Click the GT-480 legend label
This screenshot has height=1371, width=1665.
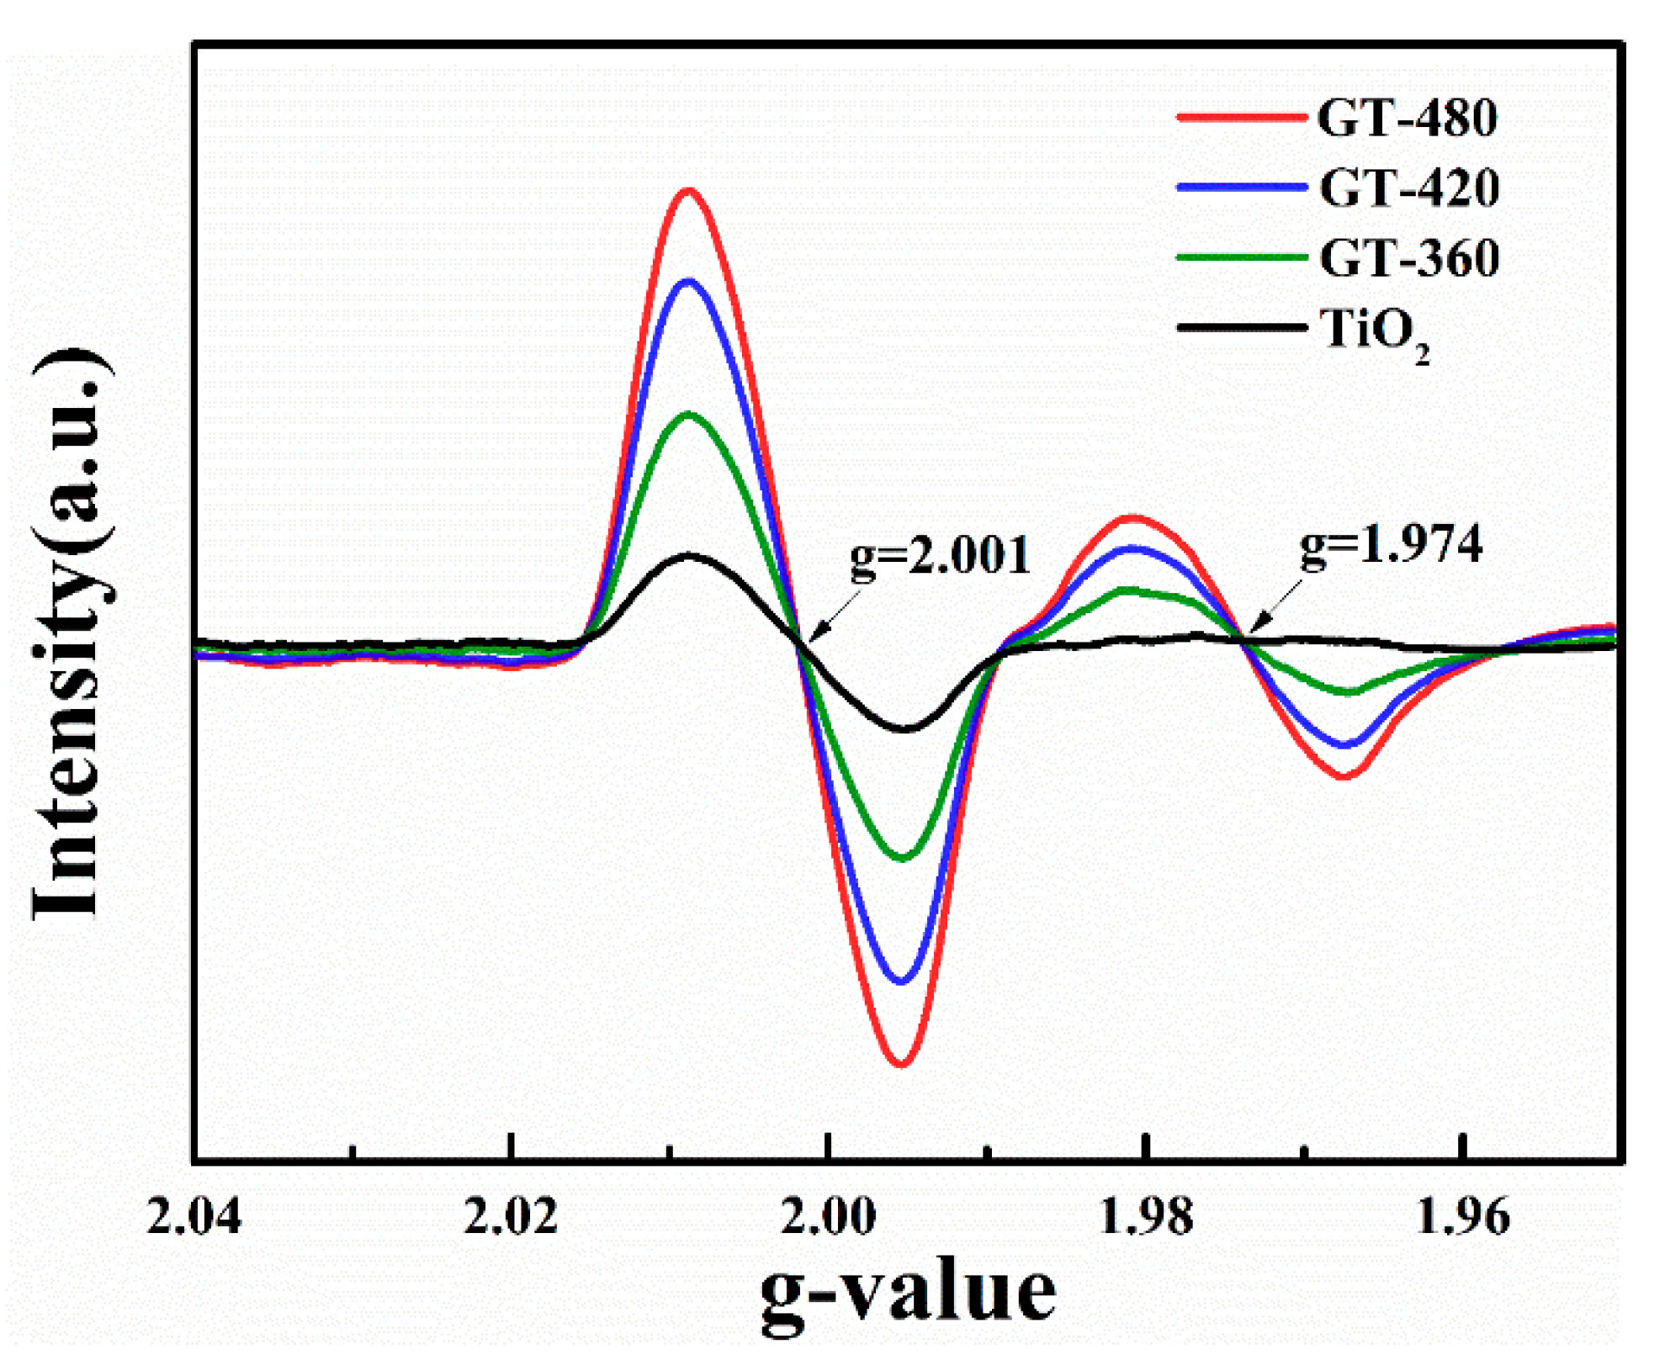coord(1406,118)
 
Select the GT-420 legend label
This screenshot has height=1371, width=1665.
coord(1408,188)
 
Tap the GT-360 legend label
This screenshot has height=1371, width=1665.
coord(1408,257)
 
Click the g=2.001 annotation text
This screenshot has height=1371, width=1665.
coord(939,557)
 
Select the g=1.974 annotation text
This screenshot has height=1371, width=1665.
coord(1390,545)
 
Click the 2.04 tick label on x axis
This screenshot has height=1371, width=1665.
coord(194,1217)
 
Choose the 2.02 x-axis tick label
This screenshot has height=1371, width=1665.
coord(511,1217)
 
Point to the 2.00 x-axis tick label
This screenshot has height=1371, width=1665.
coord(828,1217)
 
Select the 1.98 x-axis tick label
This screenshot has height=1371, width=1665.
coord(1145,1217)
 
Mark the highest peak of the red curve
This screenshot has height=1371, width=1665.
coord(689,191)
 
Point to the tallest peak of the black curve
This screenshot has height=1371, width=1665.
coord(689,555)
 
